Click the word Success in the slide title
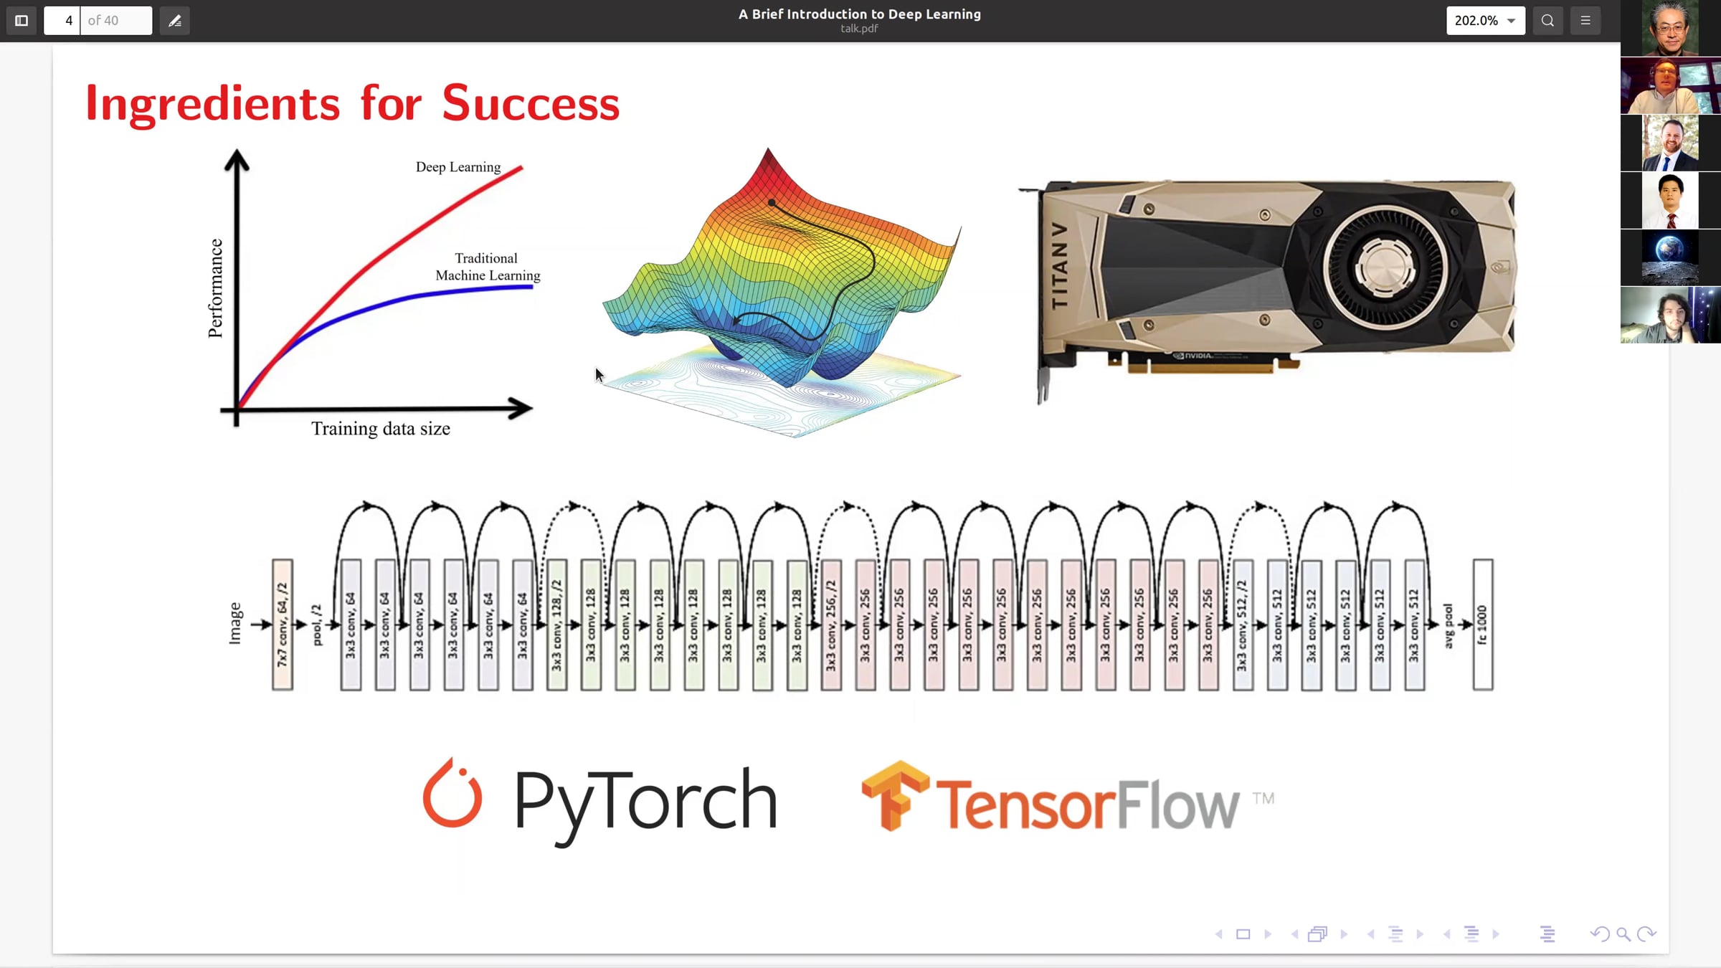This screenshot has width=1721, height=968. click(531, 104)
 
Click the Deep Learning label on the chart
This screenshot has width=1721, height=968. click(458, 167)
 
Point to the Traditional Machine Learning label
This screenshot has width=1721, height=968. click(488, 267)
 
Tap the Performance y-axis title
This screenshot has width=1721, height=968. click(215, 288)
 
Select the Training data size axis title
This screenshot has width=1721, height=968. click(381, 429)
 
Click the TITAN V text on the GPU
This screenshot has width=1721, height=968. click(1059, 265)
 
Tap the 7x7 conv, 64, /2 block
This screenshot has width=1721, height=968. click(283, 625)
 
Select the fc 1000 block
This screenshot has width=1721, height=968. click(1483, 625)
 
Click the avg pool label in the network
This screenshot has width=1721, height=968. click(1449, 626)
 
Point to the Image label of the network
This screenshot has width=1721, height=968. click(234, 624)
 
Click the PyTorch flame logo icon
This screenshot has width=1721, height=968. click(452, 792)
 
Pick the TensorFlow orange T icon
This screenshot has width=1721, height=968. click(896, 796)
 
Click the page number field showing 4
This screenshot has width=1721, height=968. click(62, 21)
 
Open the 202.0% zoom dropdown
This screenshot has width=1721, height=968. click(1486, 21)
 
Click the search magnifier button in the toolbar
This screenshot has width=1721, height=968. click(1547, 21)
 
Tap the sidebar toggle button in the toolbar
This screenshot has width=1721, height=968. click(22, 21)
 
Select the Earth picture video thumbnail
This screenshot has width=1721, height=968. click(1670, 257)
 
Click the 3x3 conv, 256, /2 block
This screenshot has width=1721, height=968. click(831, 625)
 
